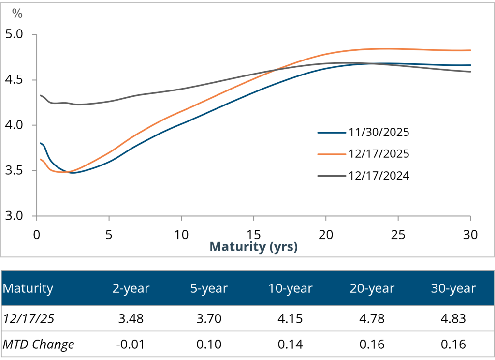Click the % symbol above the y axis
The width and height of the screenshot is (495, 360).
[17, 14]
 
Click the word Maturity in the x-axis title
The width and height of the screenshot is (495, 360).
[237, 247]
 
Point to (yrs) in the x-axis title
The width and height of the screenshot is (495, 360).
[283, 247]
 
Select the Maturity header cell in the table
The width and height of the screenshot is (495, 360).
[28, 289]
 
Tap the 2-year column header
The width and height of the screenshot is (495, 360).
[131, 289]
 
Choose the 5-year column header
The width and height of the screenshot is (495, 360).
[209, 289]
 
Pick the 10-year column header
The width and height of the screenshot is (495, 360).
[291, 289]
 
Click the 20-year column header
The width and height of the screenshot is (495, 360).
[372, 289]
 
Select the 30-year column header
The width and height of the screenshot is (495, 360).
[453, 289]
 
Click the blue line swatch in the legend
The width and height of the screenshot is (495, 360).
[332, 132]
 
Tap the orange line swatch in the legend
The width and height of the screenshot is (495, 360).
[332, 154]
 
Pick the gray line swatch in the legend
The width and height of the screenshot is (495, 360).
[332, 176]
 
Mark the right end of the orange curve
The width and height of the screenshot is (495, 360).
[470, 50]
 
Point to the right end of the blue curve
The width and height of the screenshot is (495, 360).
[470, 65]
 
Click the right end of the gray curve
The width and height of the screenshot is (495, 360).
[470, 72]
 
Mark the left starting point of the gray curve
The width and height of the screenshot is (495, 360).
[40, 95]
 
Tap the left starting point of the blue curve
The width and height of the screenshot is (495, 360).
[40, 143]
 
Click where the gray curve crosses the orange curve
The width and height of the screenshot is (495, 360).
[274, 70]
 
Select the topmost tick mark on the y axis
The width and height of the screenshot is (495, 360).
[35, 35]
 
